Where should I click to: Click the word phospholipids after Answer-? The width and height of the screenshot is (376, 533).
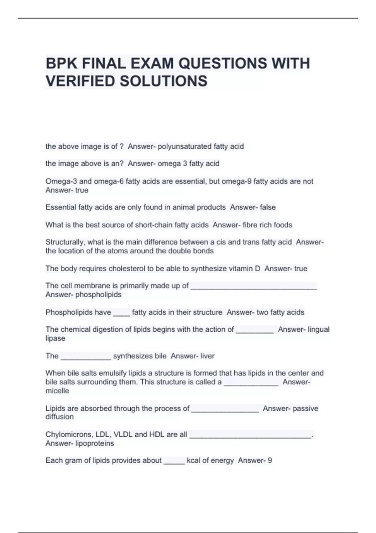coord(98,295)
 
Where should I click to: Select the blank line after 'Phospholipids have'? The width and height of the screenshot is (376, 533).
coord(122,313)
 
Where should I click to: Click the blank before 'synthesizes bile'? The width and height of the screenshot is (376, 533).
coord(86,357)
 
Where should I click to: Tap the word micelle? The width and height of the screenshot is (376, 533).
coord(57,391)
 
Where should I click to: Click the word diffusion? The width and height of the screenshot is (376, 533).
coord(60,417)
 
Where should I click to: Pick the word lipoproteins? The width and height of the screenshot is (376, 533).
coord(95,443)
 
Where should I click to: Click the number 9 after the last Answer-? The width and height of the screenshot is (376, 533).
coord(270,461)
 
